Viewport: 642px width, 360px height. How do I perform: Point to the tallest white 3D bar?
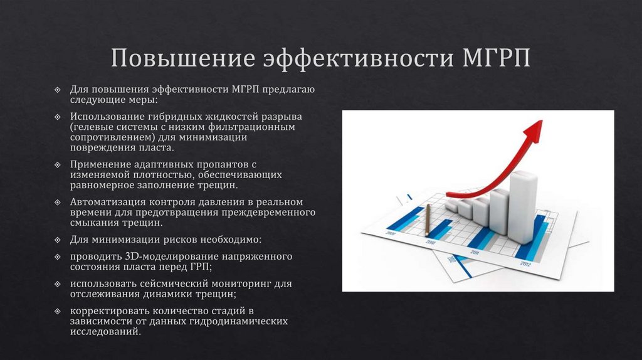pos(522,207)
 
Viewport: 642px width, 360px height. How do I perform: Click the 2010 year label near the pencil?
pos(431,241)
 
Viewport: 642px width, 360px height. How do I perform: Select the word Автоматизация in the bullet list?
pos(107,202)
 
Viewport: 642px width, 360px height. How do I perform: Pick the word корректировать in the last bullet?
pos(108,311)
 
